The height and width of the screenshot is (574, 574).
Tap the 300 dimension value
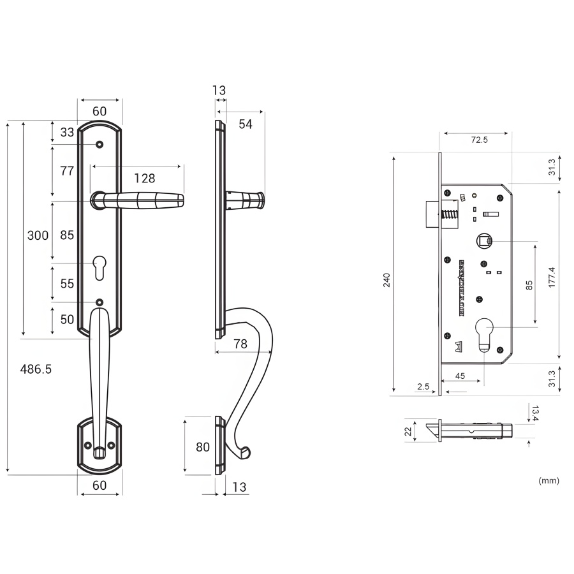click(x=38, y=235)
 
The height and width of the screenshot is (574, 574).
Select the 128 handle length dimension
click(x=144, y=178)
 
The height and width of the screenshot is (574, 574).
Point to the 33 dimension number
click(x=67, y=133)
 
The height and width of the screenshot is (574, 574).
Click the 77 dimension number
click(x=67, y=171)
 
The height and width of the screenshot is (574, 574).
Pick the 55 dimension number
click(x=67, y=284)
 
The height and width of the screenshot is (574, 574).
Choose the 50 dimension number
click(x=67, y=320)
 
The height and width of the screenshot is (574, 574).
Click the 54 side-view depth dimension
click(x=246, y=124)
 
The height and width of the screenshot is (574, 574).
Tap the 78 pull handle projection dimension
click(x=240, y=344)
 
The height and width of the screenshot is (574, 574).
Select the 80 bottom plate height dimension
click(x=203, y=447)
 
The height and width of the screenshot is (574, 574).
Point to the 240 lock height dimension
click(x=386, y=281)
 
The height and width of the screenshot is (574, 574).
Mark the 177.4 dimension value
click(x=552, y=278)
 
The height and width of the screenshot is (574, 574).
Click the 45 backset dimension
click(x=460, y=376)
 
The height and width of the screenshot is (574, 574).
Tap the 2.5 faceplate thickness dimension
click(x=423, y=386)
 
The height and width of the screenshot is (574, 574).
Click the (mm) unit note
click(x=548, y=480)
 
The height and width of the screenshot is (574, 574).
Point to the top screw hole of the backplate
click(x=100, y=145)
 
